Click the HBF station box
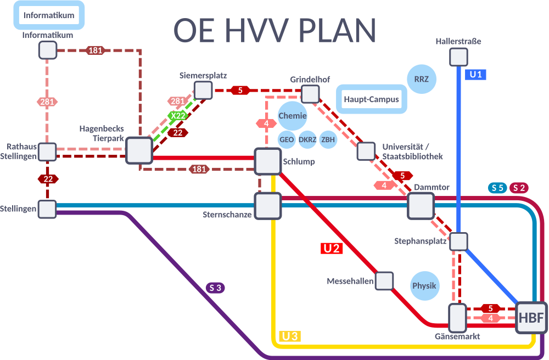point(531,318)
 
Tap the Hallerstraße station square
point(458,57)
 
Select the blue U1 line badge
point(475,75)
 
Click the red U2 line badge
point(332,248)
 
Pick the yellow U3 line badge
point(290,336)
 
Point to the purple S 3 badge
point(215,287)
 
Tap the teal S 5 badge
point(497,188)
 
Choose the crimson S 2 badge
point(519,188)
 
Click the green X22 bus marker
point(178,116)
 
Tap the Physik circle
point(424,285)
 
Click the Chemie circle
point(292,116)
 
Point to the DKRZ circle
point(307,139)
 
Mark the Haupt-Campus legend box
point(371,100)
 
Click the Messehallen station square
point(384,281)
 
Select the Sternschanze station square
point(267,206)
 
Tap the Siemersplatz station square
point(203,90)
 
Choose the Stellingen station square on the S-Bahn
point(47,209)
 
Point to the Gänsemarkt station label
point(457,336)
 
